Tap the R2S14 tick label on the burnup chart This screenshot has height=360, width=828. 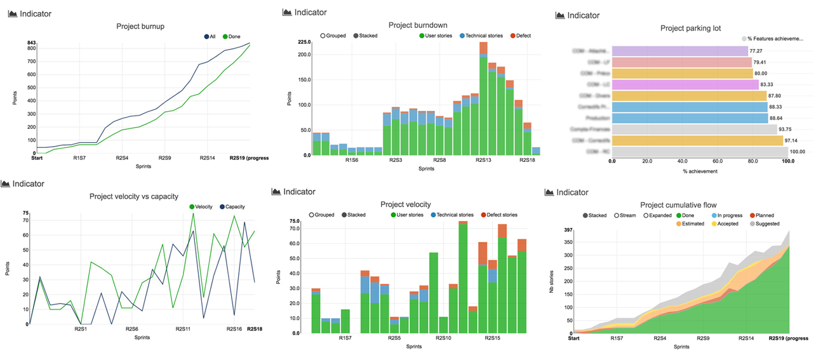(208, 158)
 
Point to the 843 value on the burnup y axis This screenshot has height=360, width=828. (31, 43)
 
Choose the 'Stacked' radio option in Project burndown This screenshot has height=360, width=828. (364, 36)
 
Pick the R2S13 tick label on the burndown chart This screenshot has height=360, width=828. (483, 160)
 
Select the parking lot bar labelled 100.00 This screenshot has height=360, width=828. (699, 152)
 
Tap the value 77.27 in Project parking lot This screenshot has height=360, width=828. (756, 50)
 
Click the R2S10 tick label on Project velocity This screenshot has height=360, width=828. (443, 338)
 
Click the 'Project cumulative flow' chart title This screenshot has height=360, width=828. (679, 204)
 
